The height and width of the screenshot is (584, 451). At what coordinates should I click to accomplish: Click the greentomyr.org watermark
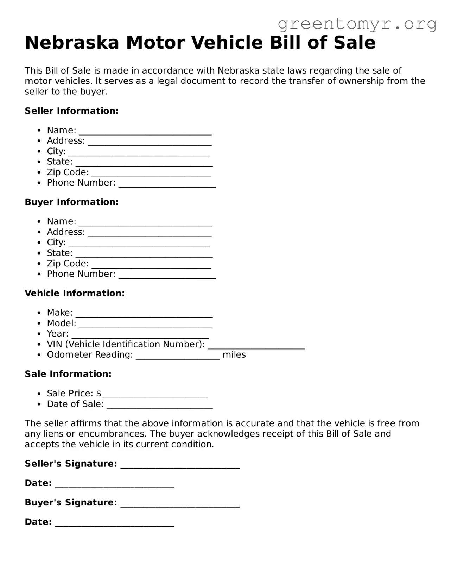(x=357, y=24)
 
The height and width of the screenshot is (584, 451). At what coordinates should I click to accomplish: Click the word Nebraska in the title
(x=72, y=43)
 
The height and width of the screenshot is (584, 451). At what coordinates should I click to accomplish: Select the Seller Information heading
(x=71, y=111)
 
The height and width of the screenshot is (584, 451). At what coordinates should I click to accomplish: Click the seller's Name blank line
(x=145, y=133)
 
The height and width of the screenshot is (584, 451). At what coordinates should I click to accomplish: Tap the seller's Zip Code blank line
(x=151, y=175)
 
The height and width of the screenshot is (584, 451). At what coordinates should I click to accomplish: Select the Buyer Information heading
(x=71, y=202)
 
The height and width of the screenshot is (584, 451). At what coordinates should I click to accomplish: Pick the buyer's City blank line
(x=139, y=245)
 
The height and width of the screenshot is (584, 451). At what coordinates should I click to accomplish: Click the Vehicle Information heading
(x=75, y=293)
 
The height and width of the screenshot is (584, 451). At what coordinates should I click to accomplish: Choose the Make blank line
(x=144, y=315)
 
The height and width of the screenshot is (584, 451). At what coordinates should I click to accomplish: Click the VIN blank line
(x=256, y=347)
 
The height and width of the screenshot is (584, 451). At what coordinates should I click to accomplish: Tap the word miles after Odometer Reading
(x=234, y=355)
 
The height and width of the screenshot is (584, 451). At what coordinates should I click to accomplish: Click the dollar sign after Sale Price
(x=99, y=394)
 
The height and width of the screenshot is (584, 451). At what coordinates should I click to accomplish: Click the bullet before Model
(x=39, y=324)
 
